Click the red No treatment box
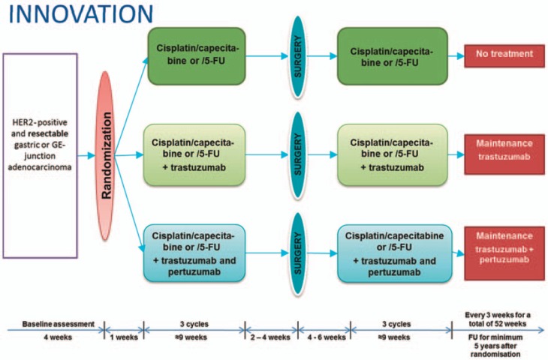tap(502, 54)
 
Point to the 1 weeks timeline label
tap(122, 338)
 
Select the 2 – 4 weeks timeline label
tap(271, 338)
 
